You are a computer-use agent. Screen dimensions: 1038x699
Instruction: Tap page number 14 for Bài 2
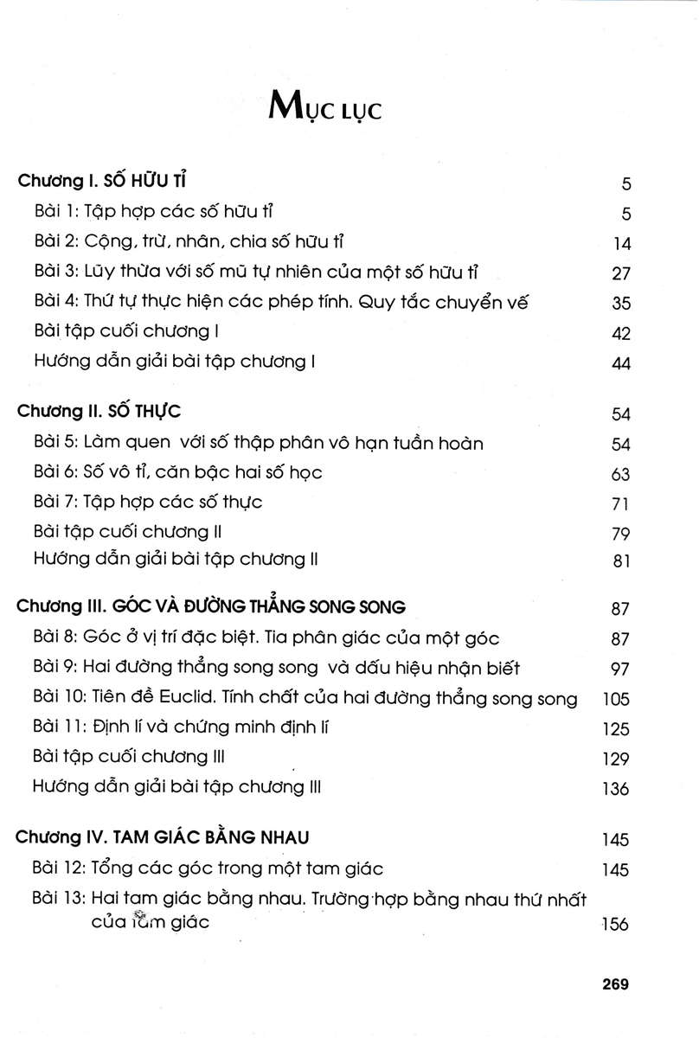pos(621,244)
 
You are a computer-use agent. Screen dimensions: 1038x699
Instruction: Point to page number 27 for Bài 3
pos(621,273)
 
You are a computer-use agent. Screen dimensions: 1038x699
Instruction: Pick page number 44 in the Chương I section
pos(621,364)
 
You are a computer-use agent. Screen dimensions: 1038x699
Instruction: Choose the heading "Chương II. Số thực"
pos(99,412)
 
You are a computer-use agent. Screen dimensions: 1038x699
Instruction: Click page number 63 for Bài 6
pos(621,474)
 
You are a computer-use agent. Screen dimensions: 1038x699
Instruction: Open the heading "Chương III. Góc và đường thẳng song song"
pos(211,607)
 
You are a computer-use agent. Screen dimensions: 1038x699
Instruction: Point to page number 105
pos(616,699)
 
